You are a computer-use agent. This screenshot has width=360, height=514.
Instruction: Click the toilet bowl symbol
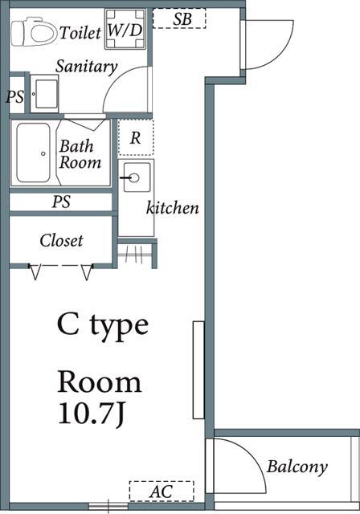point(33,32)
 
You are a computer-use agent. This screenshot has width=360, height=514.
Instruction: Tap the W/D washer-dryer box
point(125,29)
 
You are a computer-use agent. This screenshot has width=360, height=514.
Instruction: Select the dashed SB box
point(179,18)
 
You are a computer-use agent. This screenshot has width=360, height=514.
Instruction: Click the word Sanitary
point(86,67)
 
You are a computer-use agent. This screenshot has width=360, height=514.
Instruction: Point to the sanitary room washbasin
point(44,94)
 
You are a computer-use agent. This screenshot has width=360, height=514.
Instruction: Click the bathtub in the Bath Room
point(34,153)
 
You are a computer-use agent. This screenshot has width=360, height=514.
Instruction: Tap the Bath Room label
point(80,154)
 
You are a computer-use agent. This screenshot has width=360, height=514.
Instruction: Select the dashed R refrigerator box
point(136,137)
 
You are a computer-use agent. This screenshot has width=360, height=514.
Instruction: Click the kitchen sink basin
point(135,177)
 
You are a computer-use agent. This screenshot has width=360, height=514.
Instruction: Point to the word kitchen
point(173,208)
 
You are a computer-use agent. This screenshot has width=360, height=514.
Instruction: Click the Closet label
point(61,240)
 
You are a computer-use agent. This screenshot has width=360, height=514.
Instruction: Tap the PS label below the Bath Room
point(61,202)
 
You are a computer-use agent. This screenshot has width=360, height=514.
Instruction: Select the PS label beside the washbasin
point(15,96)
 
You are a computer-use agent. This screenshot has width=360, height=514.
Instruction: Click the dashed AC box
point(162,492)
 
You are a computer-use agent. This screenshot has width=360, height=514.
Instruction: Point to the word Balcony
point(297,467)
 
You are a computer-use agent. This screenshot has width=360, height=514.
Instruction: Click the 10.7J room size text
point(92,414)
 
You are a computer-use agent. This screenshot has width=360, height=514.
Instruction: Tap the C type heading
point(103,324)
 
